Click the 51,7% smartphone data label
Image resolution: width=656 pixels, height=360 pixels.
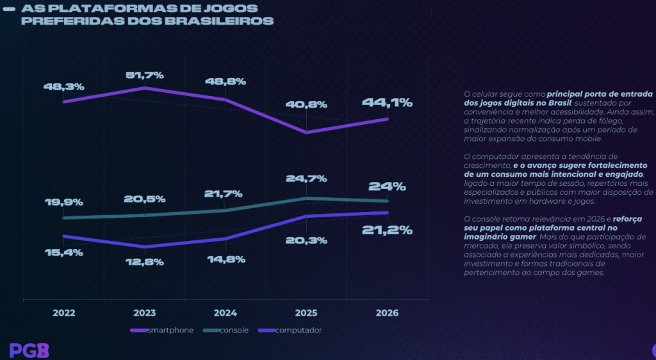[x=145, y=76]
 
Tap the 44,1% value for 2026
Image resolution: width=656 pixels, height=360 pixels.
[x=387, y=102]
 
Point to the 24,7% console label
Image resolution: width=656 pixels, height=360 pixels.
[x=307, y=179]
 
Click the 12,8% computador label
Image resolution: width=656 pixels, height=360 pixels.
[x=145, y=261]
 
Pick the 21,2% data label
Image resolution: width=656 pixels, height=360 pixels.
[x=387, y=230]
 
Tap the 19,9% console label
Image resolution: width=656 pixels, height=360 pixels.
[x=64, y=202]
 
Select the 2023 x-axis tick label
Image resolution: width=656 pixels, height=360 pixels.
[x=145, y=313]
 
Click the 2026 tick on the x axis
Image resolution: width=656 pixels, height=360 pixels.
[x=387, y=313]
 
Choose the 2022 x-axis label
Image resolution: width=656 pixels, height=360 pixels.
[x=64, y=313]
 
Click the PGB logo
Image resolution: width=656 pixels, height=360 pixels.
[x=29, y=350]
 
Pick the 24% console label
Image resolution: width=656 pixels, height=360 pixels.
[x=387, y=187]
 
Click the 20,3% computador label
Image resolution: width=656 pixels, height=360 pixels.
[x=307, y=240]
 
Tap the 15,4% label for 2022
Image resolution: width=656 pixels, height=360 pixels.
[x=64, y=252]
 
